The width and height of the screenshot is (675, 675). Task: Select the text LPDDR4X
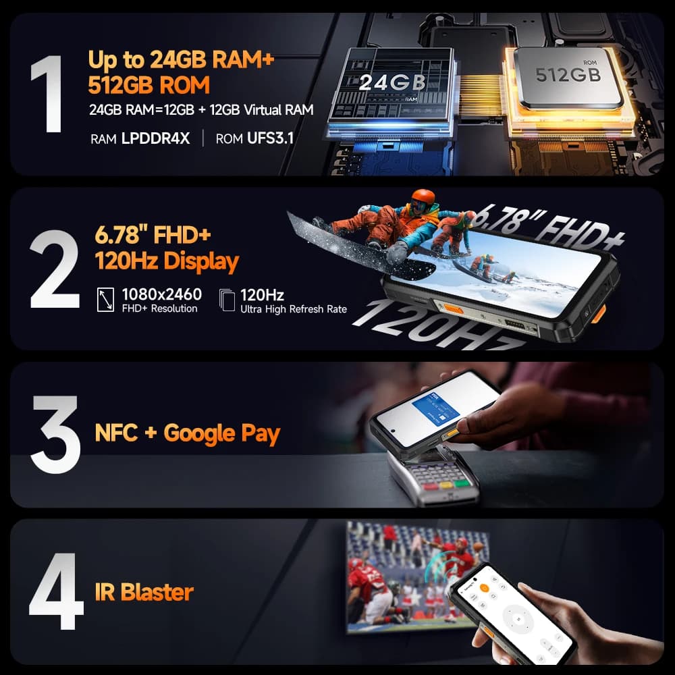(156, 139)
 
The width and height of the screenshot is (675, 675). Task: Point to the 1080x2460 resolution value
(161, 294)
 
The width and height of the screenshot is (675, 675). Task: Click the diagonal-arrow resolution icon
(106, 300)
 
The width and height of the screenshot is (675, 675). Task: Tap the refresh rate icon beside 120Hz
(227, 300)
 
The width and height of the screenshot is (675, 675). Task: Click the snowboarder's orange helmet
(423, 198)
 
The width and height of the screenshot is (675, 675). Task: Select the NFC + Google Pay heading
(188, 433)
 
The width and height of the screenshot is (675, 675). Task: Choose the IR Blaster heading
(144, 592)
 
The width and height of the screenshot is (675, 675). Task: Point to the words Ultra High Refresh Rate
(294, 309)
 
